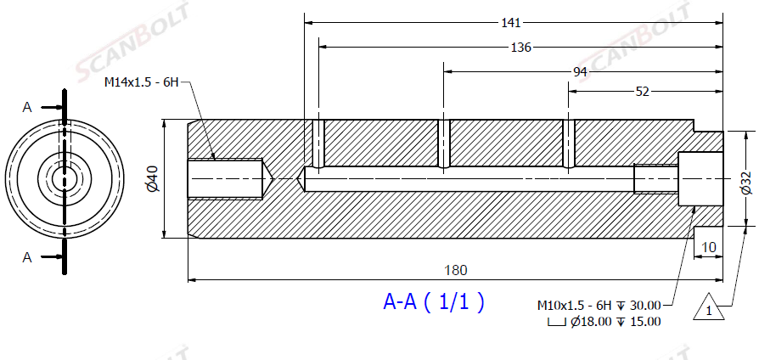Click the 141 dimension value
coord(510,23)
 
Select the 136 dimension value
coord(520,47)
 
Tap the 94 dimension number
coord(580,71)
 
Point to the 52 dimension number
coord(642,92)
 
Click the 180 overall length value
coord(456,270)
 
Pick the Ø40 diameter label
coord(153,180)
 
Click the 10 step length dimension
coord(709,247)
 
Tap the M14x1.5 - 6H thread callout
coord(142,82)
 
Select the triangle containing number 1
coord(709,307)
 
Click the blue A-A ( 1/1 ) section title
coord(434,302)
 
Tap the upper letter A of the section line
coord(27,107)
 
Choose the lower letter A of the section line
coord(27,258)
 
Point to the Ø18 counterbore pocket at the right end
coord(700,179)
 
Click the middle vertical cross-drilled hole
coord(444,144)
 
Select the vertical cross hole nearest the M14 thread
coord(318,144)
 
